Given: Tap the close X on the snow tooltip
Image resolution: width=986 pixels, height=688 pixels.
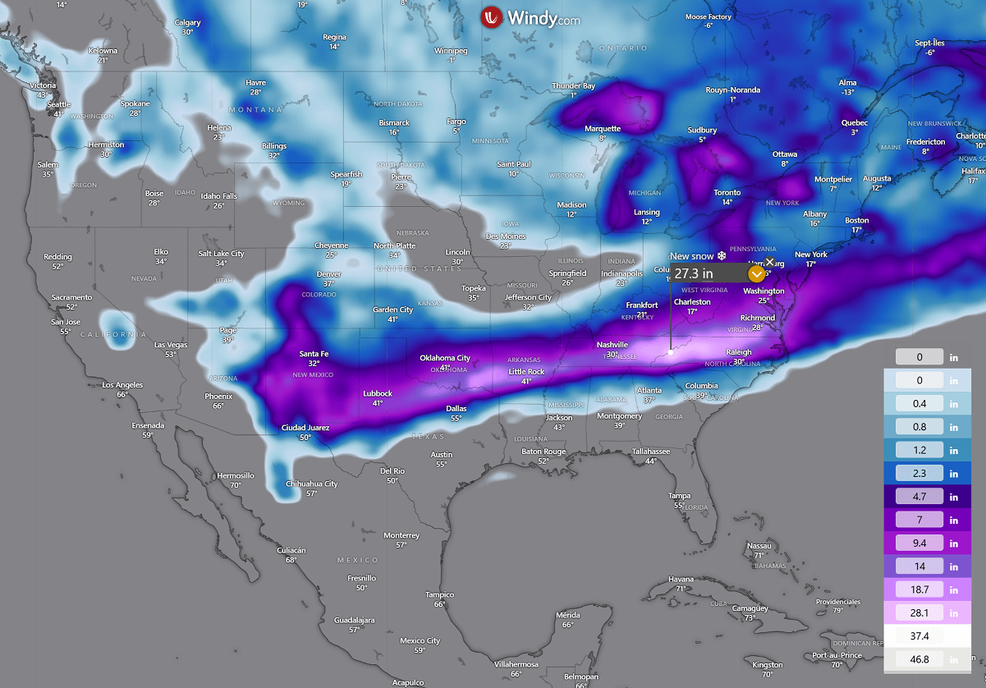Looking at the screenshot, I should [x=770, y=261].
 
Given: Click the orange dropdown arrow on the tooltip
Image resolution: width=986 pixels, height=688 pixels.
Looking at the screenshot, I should [x=756, y=273].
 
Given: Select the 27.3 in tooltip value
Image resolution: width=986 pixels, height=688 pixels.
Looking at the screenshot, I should [x=695, y=273].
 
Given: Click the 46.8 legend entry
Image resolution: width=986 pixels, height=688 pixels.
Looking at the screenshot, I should [x=920, y=659].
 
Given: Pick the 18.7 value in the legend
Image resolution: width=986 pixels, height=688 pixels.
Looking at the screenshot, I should [x=920, y=589].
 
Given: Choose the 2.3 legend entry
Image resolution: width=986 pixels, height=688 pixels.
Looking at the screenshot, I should [x=920, y=474].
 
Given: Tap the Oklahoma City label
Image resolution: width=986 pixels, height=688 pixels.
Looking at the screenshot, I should [x=445, y=358].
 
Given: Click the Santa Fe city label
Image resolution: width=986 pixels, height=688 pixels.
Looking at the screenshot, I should [x=314, y=354].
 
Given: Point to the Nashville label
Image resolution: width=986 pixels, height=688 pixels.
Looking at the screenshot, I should [x=612, y=345].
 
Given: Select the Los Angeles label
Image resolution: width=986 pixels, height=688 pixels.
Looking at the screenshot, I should [x=122, y=385].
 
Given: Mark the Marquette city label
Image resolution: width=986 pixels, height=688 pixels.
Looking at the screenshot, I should [x=602, y=129].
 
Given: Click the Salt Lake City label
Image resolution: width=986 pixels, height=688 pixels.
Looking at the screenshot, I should [x=221, y=254].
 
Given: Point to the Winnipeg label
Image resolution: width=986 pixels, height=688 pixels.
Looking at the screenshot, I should [x=451, y=51].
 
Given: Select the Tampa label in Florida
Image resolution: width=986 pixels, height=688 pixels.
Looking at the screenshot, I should [x=678, y=495].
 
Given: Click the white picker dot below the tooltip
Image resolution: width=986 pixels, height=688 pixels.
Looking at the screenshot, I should [x=671, y=351].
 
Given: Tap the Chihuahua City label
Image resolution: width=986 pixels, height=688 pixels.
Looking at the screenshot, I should [x=311, y=484].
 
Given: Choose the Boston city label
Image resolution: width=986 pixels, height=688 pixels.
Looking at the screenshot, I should [x=856, y=220].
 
